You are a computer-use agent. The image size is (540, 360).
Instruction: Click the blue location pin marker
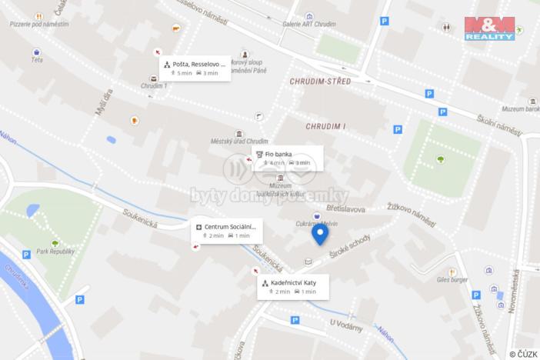319,233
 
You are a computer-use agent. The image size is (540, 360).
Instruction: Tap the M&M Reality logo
489,28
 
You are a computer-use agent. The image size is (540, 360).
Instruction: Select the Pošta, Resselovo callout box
195,68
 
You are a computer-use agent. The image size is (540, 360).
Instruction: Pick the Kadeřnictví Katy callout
292,286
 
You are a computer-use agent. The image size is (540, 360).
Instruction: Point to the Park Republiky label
51,252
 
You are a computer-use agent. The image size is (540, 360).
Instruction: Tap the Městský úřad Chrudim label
239,141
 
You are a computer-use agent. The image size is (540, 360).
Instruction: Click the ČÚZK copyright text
523,353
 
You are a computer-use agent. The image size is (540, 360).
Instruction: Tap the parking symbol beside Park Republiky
26,255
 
